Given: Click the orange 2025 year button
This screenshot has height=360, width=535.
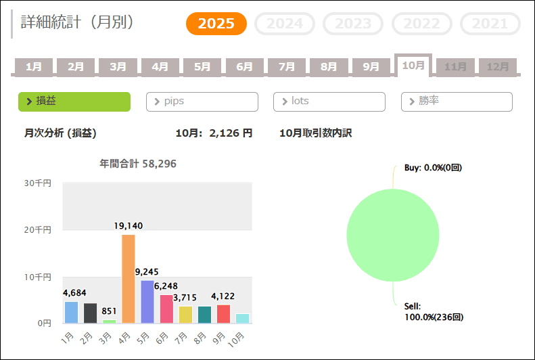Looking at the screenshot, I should [216, 24].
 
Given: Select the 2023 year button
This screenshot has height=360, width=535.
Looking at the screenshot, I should [353, 24].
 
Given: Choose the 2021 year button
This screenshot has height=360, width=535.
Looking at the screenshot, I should [490, 24].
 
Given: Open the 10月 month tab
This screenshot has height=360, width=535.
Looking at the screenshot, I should [413, 65].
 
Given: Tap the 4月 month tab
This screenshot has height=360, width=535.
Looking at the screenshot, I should [160, 66].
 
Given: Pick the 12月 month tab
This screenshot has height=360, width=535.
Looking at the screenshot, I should [498, 66].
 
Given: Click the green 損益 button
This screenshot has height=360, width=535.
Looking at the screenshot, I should [74, 102].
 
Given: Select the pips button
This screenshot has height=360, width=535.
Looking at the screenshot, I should [202, 102].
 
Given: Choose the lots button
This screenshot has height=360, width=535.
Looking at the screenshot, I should [329, 102].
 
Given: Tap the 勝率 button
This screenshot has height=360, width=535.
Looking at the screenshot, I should [457, 102].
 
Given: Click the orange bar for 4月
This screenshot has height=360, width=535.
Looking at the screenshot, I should [129, 279].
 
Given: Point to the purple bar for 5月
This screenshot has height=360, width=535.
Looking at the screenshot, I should [147, 302].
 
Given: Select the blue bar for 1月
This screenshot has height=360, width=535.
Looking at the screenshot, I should [72, 312].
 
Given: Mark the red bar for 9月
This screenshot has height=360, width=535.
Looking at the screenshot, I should [223, 314].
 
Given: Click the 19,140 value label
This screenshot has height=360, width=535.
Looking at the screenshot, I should [129, 226].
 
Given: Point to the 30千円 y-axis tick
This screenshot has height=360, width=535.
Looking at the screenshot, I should [38, 183].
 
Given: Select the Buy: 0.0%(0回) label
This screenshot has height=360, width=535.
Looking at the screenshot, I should [433, 167].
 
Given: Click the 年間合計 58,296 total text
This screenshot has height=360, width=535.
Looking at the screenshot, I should [138, 164].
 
